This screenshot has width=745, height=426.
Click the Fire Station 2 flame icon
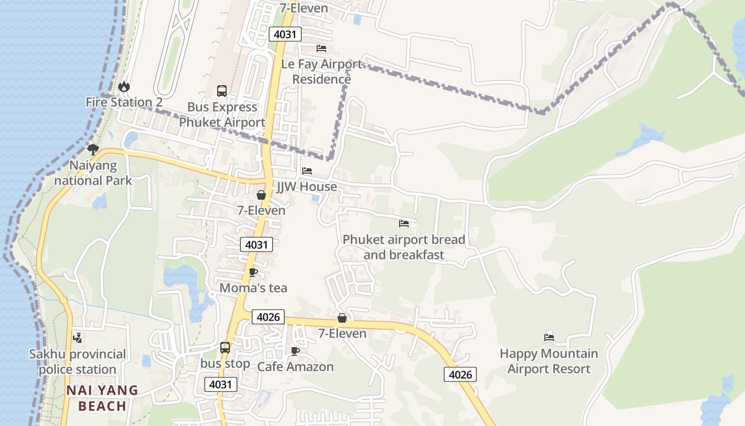click(123, 86)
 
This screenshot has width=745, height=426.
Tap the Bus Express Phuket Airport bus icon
click(222, 91)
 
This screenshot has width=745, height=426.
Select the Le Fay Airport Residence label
click(321, 72)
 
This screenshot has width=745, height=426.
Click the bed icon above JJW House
click(307, 171)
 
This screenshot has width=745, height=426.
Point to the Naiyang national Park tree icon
click(93, 149)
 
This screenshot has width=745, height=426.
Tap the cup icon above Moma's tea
click(253, 273)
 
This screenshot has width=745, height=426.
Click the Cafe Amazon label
click(295, 367)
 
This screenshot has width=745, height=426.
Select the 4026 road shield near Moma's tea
click(268, 317)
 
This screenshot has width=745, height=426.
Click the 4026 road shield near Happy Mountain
click(460, 374)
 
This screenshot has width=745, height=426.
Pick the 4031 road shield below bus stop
click(221, 384)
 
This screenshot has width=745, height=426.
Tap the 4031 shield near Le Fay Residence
click(285, 35)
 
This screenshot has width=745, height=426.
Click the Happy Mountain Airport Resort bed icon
click(549, 337)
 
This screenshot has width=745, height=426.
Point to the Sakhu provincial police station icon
click(78, 338)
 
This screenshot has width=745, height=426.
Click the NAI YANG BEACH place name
click(102, 398)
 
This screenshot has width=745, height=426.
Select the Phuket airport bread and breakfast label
click(404, 247)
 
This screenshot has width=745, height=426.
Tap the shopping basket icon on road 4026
click(342, 318)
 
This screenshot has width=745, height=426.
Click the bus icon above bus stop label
click(225, 348)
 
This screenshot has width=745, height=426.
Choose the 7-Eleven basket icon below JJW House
click(261, 195)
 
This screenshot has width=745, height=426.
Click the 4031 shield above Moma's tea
click(256, 244)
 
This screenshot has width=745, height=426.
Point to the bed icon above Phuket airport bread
click(404, 224)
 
